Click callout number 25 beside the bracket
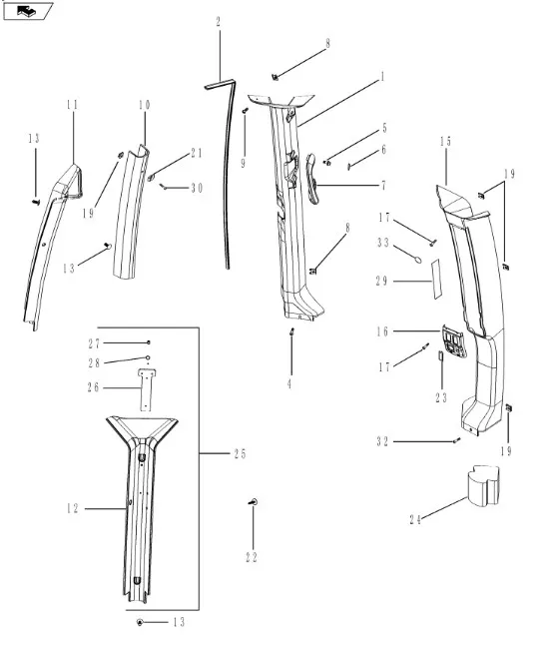pos(240,453)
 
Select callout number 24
pos(415,520)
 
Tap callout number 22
pos(252,557)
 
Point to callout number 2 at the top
pos(219,22)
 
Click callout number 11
pos(72,104)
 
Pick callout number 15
pos(445,141)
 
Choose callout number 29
pos(382,282)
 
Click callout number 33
pos(383,242)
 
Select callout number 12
pos(73,508)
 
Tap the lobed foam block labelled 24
pos(481,486)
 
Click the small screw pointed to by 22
pos(254,502)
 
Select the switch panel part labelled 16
pos(454,340)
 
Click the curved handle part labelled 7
pos(312,179)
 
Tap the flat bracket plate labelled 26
pos(145,389)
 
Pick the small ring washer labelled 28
pos(147,357)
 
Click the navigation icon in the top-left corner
pos(27,11)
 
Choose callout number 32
pos(382,441)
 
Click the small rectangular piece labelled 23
pos(440,356)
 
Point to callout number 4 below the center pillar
pos(289,384)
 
